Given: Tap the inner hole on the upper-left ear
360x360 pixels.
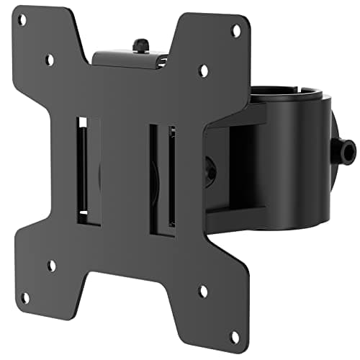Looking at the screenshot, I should pos(49,60).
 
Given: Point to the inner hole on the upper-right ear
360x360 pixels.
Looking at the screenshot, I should pos(204,70).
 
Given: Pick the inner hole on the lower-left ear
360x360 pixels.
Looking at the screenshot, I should pos(51,265).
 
